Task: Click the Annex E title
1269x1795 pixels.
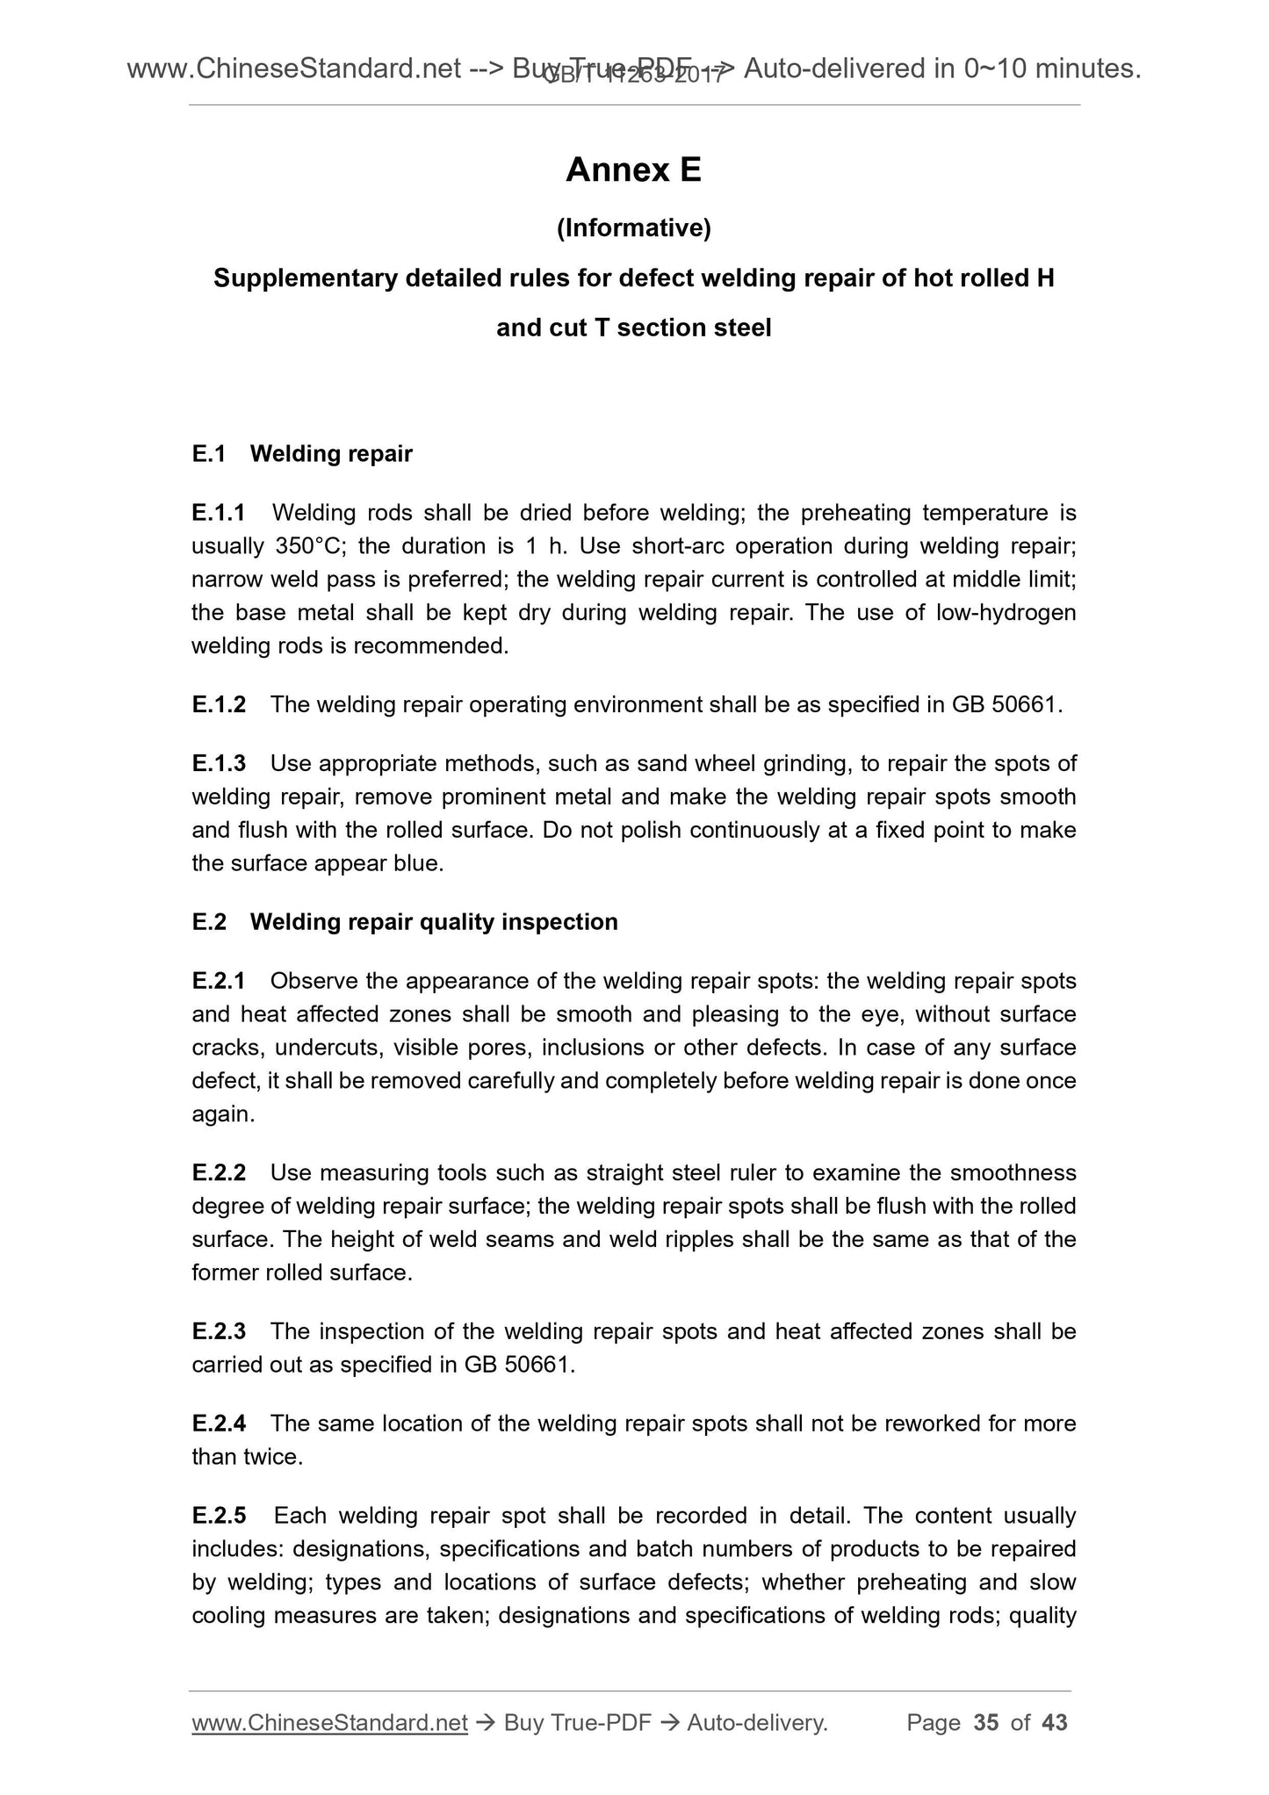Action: coord(633,169)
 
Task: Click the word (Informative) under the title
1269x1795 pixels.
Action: coord(633,228)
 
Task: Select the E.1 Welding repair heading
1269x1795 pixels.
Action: coord(302,454)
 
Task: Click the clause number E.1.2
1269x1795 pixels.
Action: coord(219,704)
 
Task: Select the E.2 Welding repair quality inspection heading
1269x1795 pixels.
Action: coord(405,922)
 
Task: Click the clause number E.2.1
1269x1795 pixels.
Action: coord(219,981)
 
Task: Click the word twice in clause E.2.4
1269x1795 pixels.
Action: coord(274,1457)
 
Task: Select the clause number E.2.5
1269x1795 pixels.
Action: coord(219,1516)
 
